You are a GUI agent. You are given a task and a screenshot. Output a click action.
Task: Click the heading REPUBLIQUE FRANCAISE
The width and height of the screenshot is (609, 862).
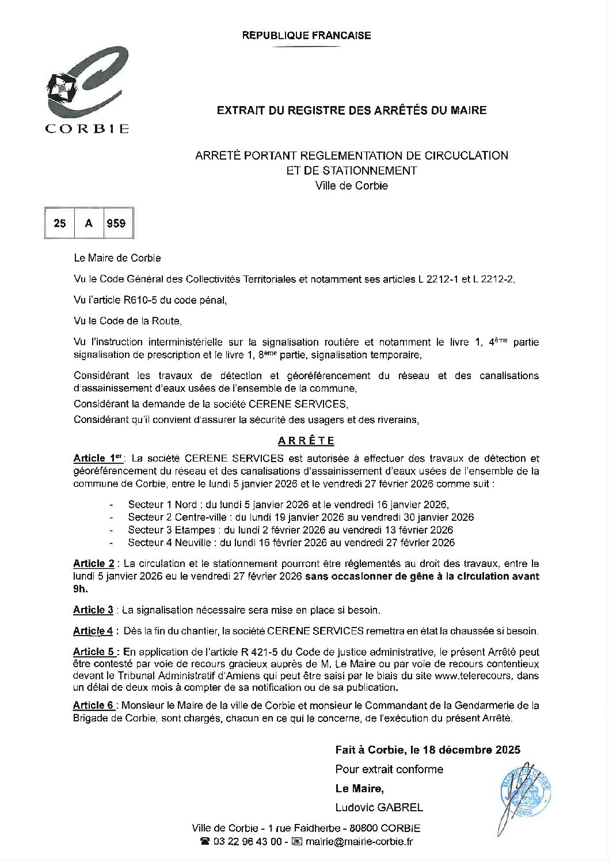pyautogui.click(x=306, y=36)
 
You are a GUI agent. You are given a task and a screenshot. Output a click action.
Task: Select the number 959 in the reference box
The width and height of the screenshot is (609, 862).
pyautogui.click(x=116, y=224)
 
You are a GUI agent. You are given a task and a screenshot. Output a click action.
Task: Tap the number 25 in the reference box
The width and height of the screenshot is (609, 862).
pyautogui.click(x=60, y=224)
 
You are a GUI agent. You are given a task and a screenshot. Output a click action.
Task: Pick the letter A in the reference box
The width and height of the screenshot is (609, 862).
pyautogui.click(x=89, y=224)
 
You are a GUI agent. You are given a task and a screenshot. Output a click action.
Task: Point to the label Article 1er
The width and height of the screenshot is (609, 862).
pyautogui.click(x=98, y=459)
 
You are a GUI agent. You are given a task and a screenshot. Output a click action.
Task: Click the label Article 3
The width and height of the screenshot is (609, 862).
pyautogui.click(x=93, y=610)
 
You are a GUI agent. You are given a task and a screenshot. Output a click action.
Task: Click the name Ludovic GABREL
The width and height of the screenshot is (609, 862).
pyautogui.click(x=379, y=807)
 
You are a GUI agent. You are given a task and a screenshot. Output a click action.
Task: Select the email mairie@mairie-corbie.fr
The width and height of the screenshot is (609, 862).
pyautogui.click(x=359, y=842)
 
